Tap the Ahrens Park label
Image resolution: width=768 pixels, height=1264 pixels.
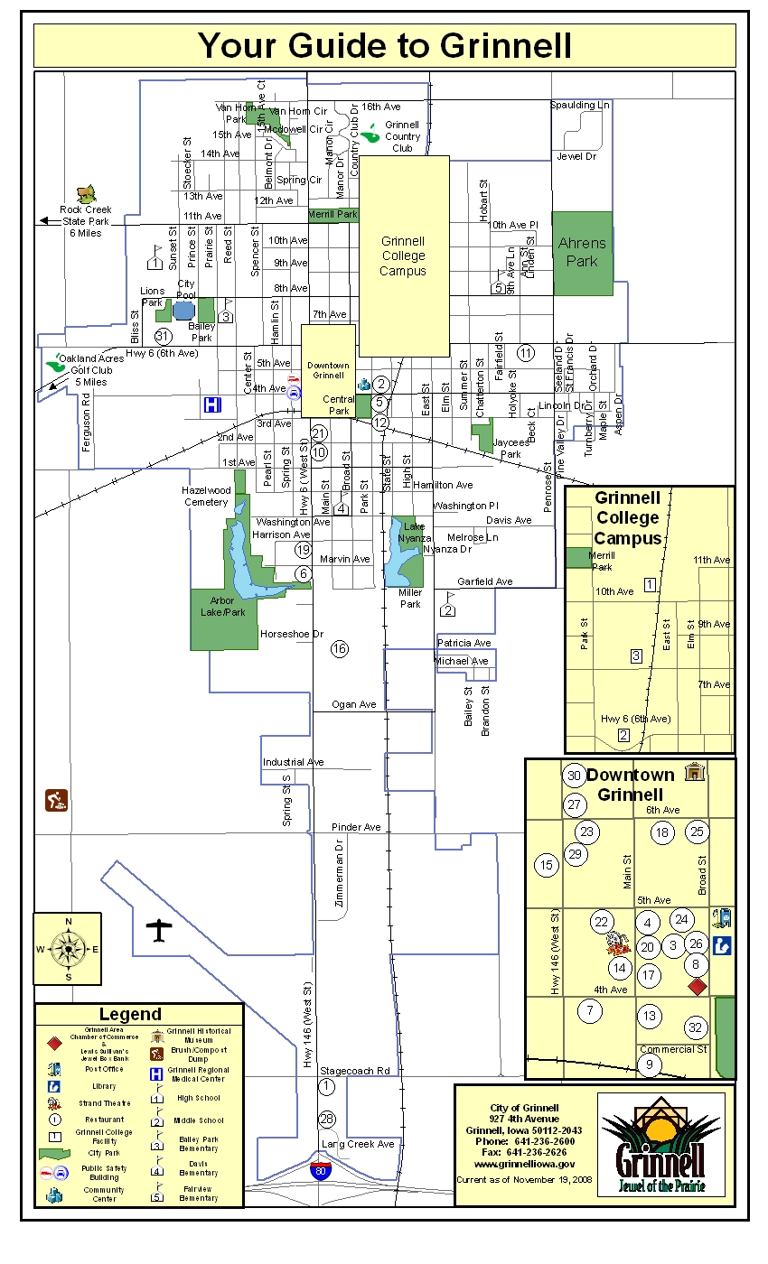[582, 252]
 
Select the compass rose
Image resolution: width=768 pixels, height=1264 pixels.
[67, 948]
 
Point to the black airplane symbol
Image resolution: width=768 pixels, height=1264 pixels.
[159, 929]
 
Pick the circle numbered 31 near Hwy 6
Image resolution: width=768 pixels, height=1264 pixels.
[163, 336]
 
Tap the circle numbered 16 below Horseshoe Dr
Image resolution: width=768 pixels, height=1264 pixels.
[340, 648]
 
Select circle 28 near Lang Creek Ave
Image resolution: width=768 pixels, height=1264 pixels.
[327, 1120]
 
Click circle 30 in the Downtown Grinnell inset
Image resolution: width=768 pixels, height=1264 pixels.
[574, 775]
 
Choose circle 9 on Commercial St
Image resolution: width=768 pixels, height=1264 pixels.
[650, 1064]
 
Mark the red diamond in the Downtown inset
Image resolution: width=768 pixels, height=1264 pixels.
[697, 986]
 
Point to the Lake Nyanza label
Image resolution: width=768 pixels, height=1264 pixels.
[415, 532]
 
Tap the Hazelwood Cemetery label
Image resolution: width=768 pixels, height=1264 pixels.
[207, 496]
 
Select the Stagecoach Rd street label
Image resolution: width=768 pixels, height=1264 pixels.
[355, 1071]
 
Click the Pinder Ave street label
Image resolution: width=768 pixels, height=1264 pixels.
[356, 827]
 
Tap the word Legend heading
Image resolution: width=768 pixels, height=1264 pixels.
[130, 1014]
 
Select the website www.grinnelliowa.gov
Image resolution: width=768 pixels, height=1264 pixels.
[524, 1165]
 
